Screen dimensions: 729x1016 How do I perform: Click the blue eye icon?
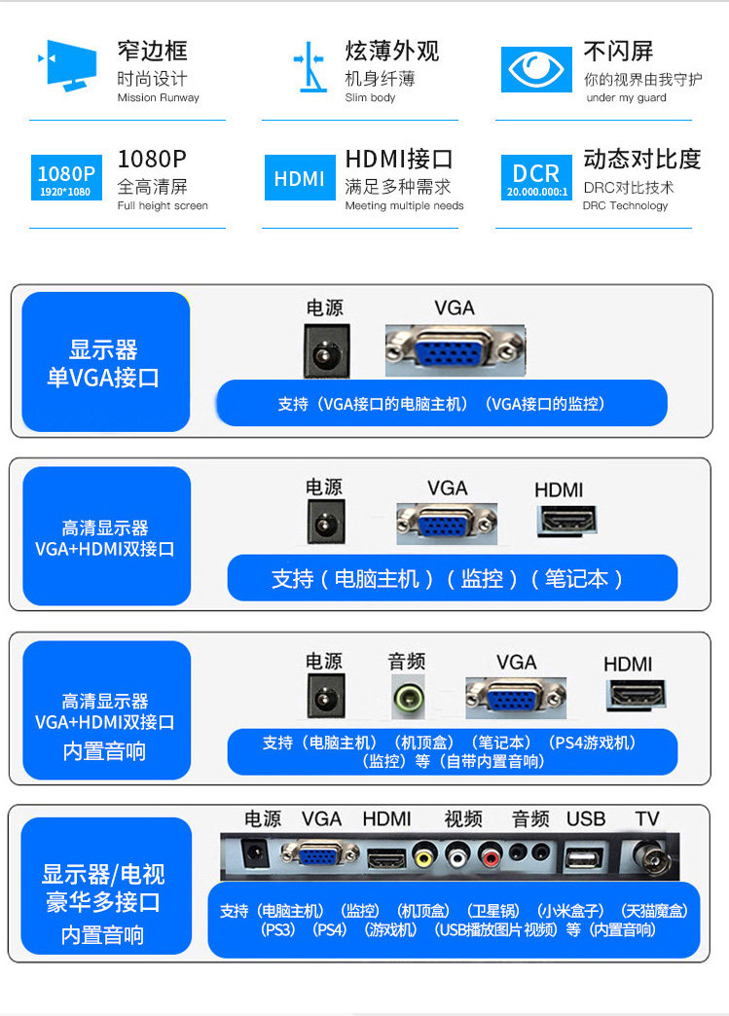click(536, 69)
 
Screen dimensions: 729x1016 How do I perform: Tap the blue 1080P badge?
click(66, 177)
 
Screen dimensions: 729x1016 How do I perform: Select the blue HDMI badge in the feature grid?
click(300, 177)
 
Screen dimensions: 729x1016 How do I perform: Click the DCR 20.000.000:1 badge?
click(536, 177)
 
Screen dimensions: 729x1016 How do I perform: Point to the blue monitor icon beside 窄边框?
click(67, 65)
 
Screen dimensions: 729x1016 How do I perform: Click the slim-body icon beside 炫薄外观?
click(310, 67)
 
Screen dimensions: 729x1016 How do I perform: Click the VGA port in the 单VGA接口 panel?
click(455, 350)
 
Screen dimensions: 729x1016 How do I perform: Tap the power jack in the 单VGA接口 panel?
click(327, 350)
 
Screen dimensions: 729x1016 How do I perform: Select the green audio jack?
click(408, 697)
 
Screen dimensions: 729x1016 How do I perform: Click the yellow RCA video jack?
click(423, 856)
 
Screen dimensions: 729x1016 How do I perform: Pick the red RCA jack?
click(491, 856)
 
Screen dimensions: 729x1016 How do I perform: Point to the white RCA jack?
click(456, 856)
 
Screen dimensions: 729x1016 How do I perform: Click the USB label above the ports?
click(586, 819)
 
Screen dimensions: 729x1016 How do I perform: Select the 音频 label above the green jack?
click(406, 662)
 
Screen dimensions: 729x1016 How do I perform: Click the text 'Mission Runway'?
click(158, 98)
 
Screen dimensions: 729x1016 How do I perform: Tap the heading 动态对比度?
click(642, 159)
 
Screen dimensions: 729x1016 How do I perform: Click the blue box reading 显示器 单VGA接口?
click(106, 362)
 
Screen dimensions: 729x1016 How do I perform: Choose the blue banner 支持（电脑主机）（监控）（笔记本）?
click(453, 578)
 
